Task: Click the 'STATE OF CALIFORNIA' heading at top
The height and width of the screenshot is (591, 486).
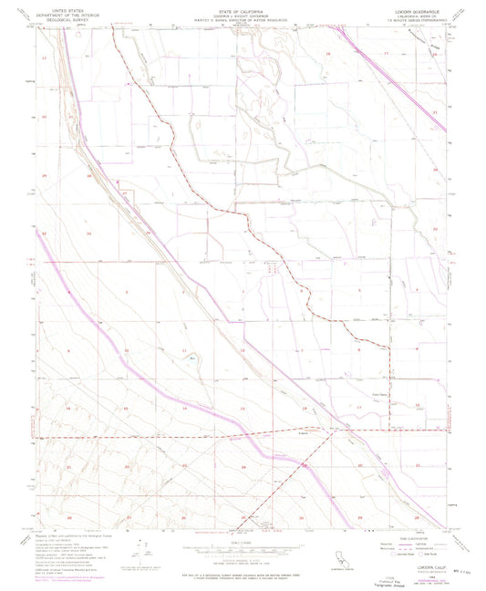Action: pos(242,11)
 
